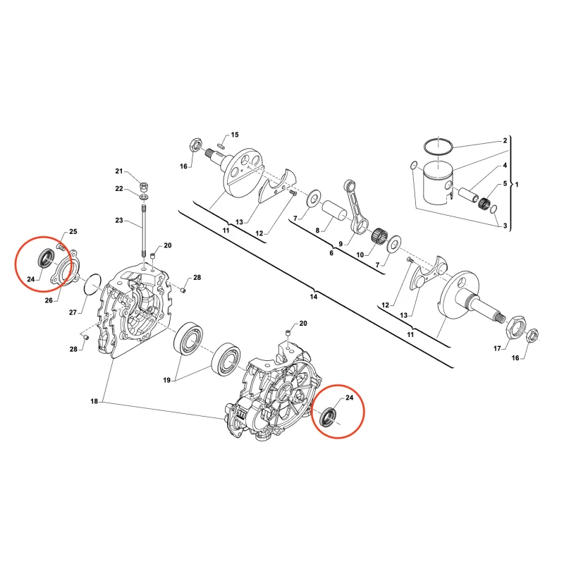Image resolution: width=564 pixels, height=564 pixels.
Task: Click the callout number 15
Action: (x=235, y=135)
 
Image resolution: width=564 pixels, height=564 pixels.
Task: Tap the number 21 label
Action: (x=119, y=171)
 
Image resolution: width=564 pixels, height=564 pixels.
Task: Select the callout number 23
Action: (x=119, y=220)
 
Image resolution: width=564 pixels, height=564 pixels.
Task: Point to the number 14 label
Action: (x=314, y=297)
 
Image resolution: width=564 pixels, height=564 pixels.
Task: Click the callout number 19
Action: (x=166, y=380)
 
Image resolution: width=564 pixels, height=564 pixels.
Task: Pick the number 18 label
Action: (x=94, y=401)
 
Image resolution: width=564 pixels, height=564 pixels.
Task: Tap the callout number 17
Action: (x=497, y=348)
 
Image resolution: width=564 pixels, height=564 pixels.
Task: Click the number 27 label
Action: (x=73, y=312)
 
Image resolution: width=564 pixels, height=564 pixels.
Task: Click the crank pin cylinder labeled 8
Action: (x=334, y=211)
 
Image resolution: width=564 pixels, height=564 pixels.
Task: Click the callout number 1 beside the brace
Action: (x=517, y=185)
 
